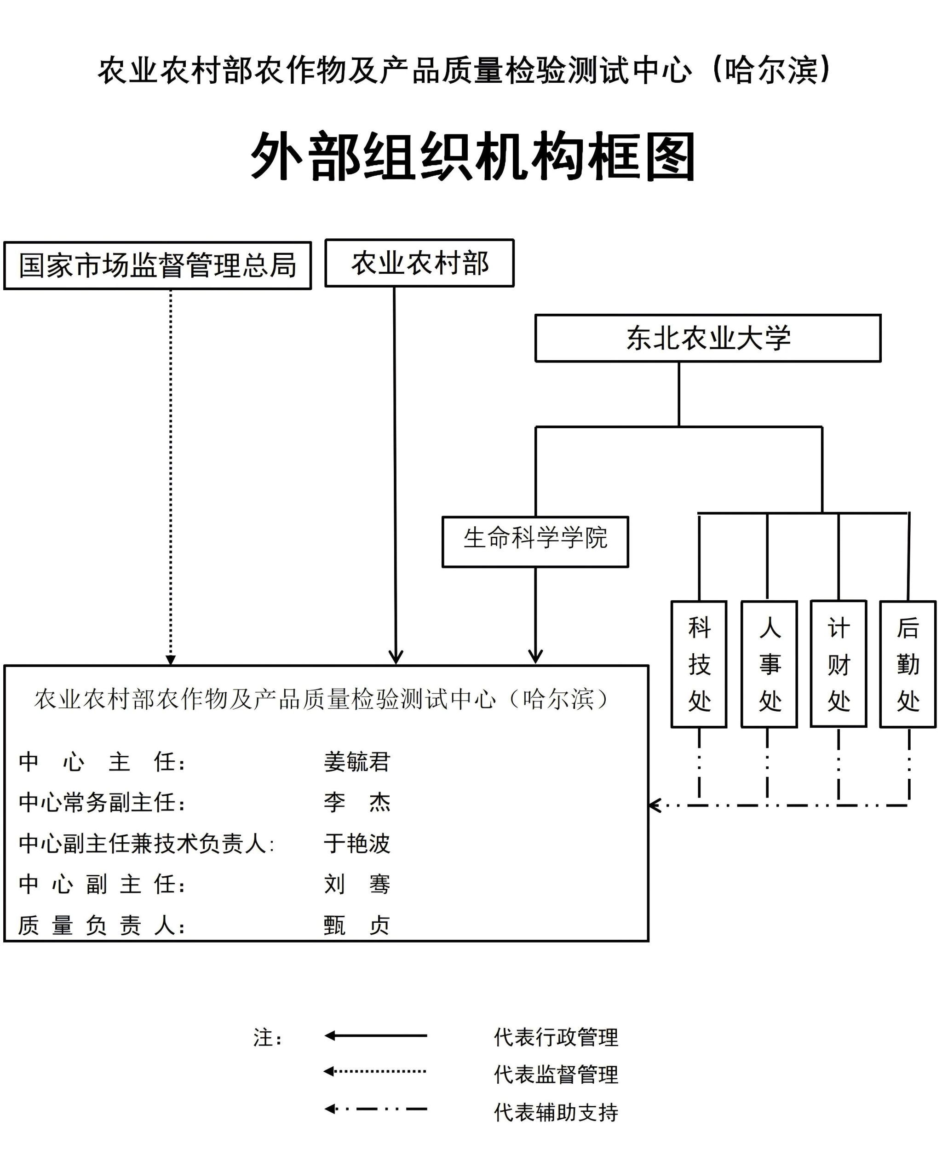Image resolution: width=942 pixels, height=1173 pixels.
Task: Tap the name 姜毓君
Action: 357,762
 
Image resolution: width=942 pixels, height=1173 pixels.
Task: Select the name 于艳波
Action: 357,843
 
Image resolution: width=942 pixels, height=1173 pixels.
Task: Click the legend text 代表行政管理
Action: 556,1037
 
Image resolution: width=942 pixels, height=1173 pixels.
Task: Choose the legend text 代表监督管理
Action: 556,1075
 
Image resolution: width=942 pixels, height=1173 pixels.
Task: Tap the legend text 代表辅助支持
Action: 556,1113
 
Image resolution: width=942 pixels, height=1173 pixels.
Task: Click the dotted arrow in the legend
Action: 375,1071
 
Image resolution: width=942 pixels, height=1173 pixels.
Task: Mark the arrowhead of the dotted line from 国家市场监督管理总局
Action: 170,660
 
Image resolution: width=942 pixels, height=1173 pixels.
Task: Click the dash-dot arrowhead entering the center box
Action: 655,805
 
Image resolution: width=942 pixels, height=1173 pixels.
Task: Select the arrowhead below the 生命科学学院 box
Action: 535,657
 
